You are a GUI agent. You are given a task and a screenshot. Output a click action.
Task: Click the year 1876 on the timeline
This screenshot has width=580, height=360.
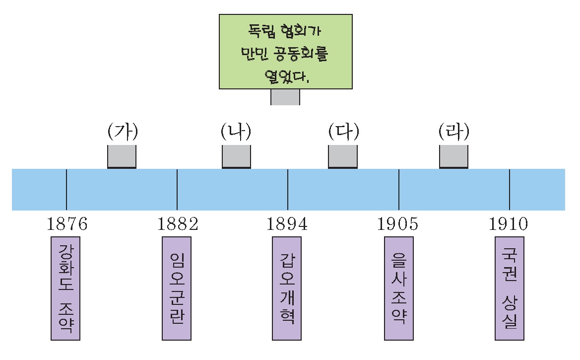click(x=67, y=224)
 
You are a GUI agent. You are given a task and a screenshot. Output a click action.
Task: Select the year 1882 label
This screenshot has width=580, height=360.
click(x=178, y=224)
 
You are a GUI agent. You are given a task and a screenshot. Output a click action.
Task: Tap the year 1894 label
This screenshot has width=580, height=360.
click(x=287, y=224)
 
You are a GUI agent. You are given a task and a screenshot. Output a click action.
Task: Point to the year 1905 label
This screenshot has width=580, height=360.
click(x=398, y=224)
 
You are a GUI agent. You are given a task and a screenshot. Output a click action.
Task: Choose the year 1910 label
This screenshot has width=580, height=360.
click(x=509, y=224)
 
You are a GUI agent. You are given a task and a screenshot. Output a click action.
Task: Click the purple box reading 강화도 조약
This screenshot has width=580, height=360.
click(x=65, y=288)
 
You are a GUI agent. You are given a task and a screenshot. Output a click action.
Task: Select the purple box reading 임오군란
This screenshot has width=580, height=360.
click(x=177, y=288)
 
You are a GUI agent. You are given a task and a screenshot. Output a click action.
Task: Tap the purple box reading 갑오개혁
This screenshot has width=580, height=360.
click(x=287, y=288)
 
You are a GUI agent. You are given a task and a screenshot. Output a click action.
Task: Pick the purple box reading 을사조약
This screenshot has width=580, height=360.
click(x=399, y=288)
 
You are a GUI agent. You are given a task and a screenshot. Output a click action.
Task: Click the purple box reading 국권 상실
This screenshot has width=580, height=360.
click(x=510, y=288)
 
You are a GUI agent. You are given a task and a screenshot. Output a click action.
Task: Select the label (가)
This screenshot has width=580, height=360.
click(x=122, y=133)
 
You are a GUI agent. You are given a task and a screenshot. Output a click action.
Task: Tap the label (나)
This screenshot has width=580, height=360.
click(x=236, y=133)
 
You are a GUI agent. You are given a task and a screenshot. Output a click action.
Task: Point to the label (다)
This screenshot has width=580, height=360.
click(x=343, y=133)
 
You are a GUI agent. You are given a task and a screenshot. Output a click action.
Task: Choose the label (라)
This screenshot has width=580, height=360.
click(x=453, y=133)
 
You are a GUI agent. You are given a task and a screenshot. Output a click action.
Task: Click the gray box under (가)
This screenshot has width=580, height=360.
click(x=122, y=156)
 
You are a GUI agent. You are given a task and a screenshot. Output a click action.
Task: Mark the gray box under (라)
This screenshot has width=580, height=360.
click(x=453, y=156)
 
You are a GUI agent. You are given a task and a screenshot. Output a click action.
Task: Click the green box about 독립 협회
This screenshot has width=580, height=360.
click(x=286, y=52)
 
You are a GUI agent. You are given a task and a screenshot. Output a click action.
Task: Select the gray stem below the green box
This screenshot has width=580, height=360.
click(x=285, y=97)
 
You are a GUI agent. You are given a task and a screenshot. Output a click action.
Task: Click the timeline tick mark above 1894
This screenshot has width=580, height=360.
click(x=288, y=189)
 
